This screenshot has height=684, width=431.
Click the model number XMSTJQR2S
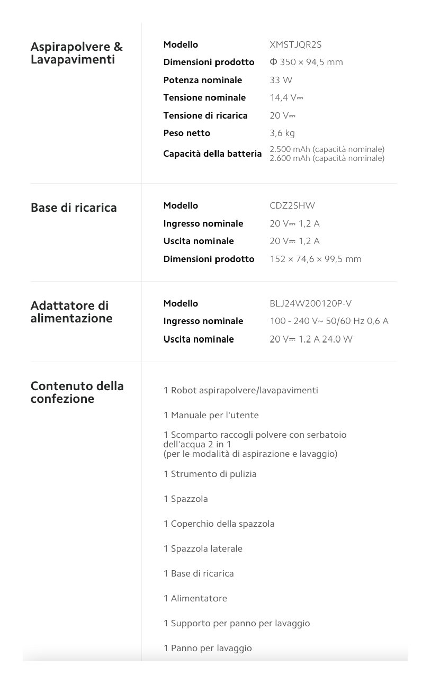pos(295,45)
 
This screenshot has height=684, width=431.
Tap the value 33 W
pos(281,80)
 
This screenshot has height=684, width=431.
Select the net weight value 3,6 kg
pos(282,133)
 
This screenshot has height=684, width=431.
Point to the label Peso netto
pos(186,133)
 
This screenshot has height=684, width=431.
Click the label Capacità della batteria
pos(212,154)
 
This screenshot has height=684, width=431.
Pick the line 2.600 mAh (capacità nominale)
pos(327,158)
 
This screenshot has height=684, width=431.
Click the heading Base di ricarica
pos(74,208)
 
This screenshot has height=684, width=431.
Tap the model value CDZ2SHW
pos(292,205)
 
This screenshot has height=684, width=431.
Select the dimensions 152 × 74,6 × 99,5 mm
pos(315,259)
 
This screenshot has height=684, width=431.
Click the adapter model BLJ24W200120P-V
pos(310,303)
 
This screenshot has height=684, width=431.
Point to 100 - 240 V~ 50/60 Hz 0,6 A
pos(329,321)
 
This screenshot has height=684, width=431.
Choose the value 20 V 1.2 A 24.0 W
pos(311,339)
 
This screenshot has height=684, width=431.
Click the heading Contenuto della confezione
pos(77,392)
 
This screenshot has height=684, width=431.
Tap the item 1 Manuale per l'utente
pos(211,415)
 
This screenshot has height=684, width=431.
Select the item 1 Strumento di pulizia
pos(210,474)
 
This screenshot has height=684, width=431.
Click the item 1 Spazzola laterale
pos(203,548)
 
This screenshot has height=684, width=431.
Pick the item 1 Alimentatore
pos(195,598)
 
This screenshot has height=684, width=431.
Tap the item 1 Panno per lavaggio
pos(208,648)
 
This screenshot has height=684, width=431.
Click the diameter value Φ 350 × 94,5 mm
pos(306,62)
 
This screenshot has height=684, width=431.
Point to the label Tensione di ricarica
pos(205,115)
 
